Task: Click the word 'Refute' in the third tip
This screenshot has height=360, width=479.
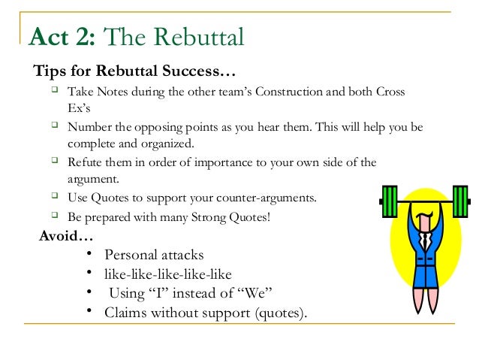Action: point(84,162)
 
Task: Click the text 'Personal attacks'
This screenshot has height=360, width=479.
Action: point(153,255)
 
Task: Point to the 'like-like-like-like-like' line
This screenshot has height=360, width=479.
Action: point(167,274)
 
